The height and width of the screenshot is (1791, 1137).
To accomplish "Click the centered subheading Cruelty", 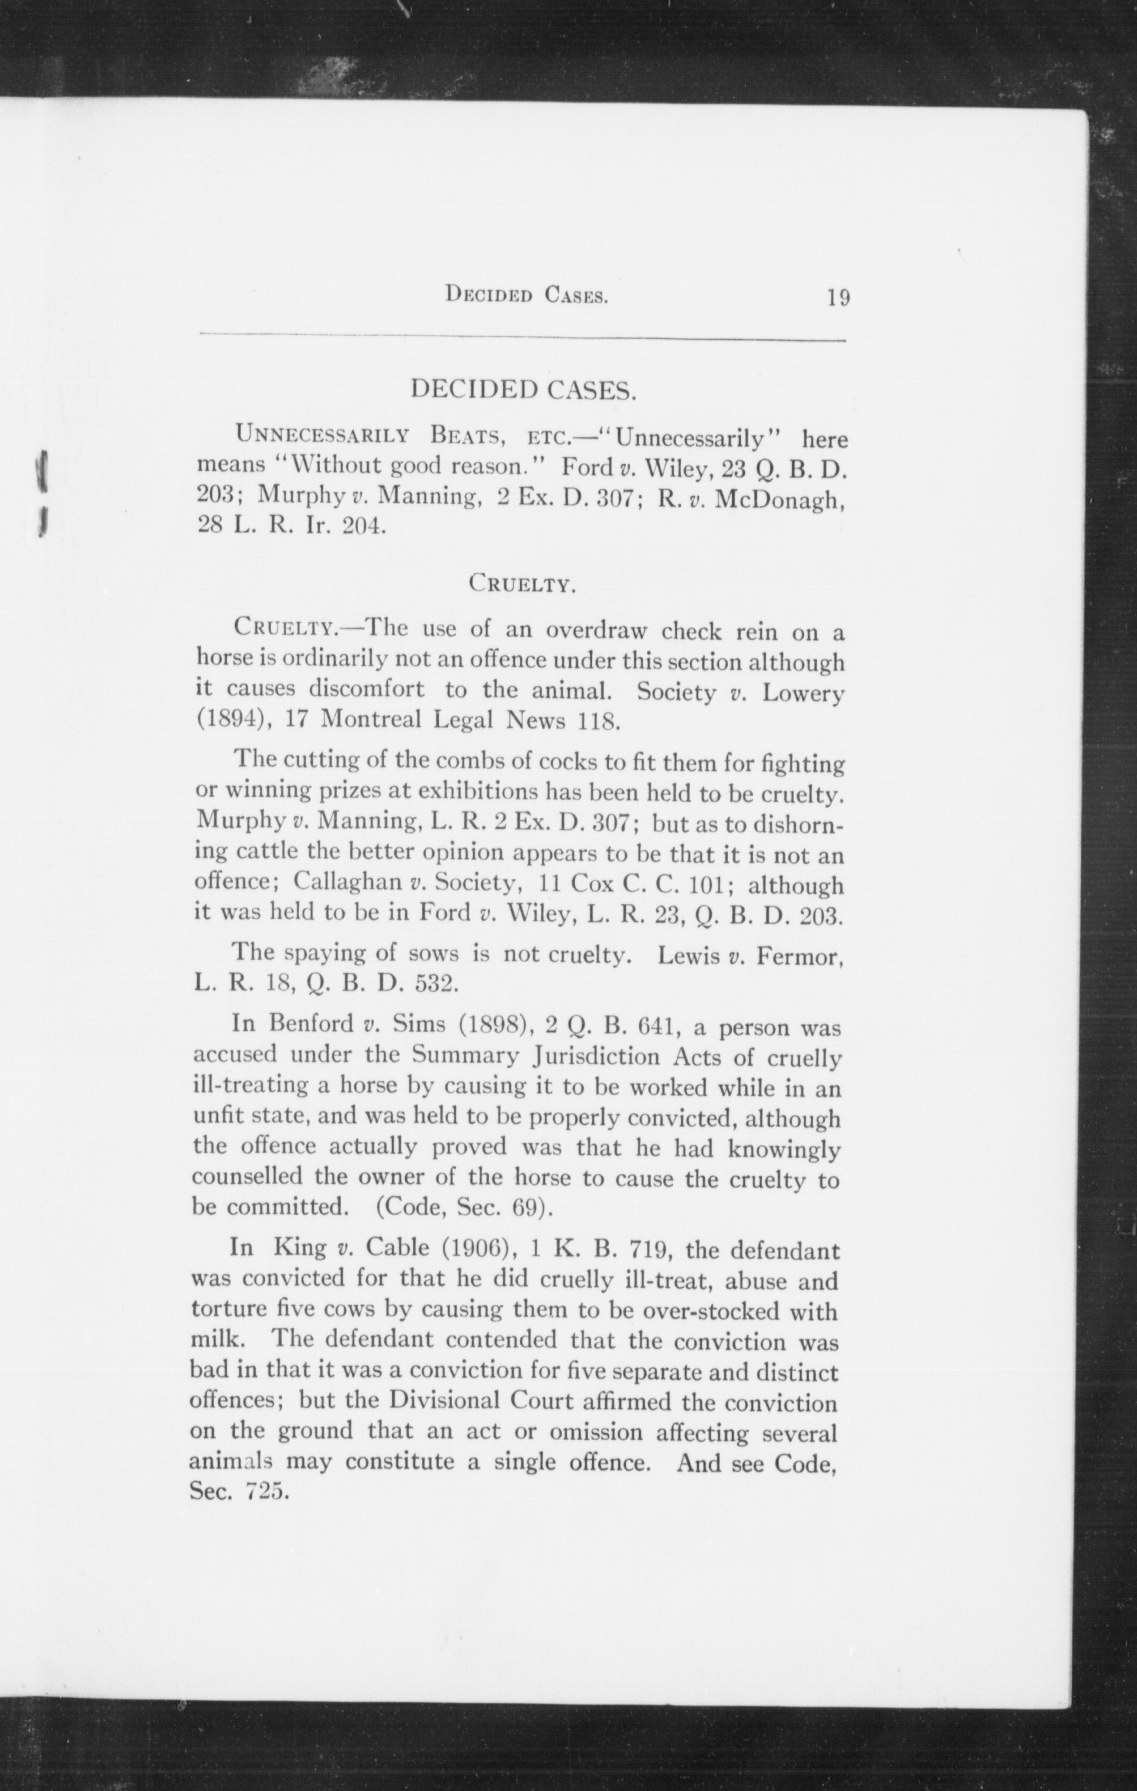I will [x=523, y=585].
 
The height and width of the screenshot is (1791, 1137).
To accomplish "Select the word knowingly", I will [x=784, y=1150].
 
